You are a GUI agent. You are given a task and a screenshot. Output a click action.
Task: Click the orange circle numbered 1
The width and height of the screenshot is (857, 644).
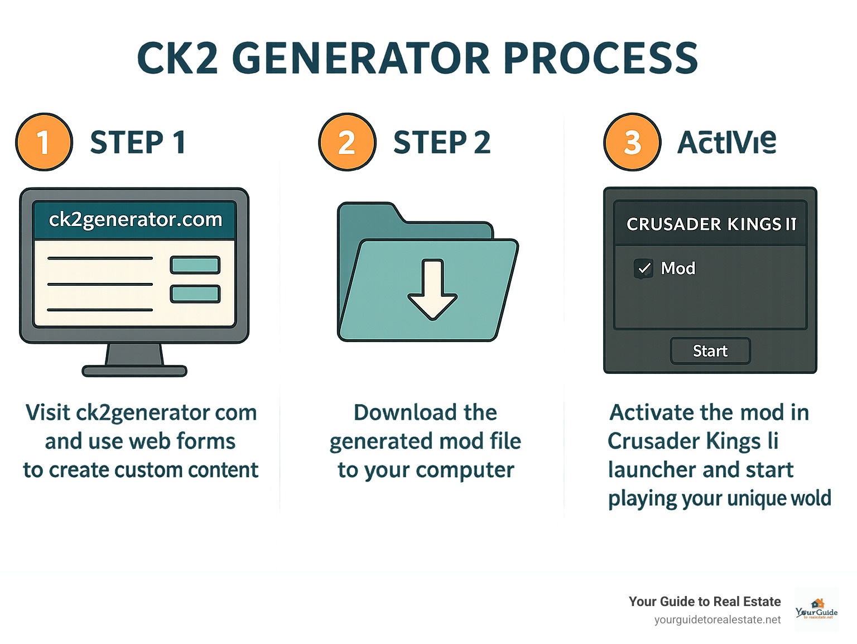44,142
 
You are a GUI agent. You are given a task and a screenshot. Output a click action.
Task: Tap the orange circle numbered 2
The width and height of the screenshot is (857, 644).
347,142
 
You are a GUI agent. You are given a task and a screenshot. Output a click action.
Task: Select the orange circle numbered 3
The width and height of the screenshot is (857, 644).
632,142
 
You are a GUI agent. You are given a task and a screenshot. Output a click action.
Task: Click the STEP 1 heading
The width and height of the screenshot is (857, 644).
138,142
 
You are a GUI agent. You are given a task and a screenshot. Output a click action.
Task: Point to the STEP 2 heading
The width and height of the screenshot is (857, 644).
442,142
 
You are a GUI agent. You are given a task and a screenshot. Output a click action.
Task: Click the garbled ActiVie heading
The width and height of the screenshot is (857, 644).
726,142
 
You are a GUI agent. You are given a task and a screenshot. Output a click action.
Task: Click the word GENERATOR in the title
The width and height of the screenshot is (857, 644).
360,58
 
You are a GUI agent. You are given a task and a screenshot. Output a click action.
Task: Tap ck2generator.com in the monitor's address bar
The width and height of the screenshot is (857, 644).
135,219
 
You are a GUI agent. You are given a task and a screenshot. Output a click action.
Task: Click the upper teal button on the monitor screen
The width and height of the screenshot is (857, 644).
195,265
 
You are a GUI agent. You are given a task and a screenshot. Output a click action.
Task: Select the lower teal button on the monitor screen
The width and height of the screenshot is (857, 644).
195,294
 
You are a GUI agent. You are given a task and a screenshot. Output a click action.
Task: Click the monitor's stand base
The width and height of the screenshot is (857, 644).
134,371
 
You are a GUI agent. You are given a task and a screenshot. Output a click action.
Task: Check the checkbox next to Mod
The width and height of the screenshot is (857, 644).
644,268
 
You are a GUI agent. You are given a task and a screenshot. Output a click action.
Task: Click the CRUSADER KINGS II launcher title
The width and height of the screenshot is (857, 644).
711,224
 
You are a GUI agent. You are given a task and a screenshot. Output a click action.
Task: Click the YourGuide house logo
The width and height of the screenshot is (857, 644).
817,609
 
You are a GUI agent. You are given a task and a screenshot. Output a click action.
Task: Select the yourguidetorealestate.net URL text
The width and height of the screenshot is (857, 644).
718,619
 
